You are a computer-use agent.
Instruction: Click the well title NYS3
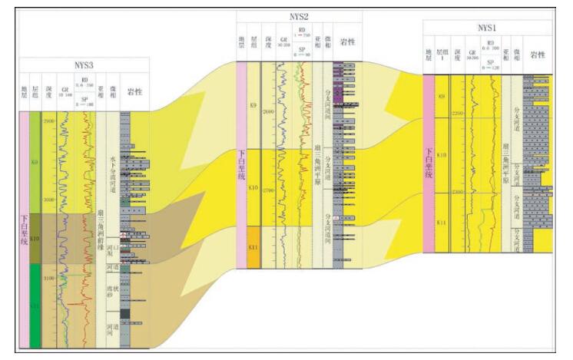coord(84,66)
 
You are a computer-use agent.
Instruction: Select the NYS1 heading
coord(487,28)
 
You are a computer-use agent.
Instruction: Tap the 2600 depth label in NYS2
coord(268,113)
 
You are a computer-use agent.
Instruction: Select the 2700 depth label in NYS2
coord(268,188)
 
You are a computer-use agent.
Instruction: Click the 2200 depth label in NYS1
coord(458,114)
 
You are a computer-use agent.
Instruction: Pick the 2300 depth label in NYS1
coord(458,192)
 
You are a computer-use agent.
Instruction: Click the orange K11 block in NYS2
coord(253,246)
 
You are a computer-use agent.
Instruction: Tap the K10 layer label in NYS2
coord(253,187)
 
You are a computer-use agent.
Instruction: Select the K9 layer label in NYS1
coord(441,96)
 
